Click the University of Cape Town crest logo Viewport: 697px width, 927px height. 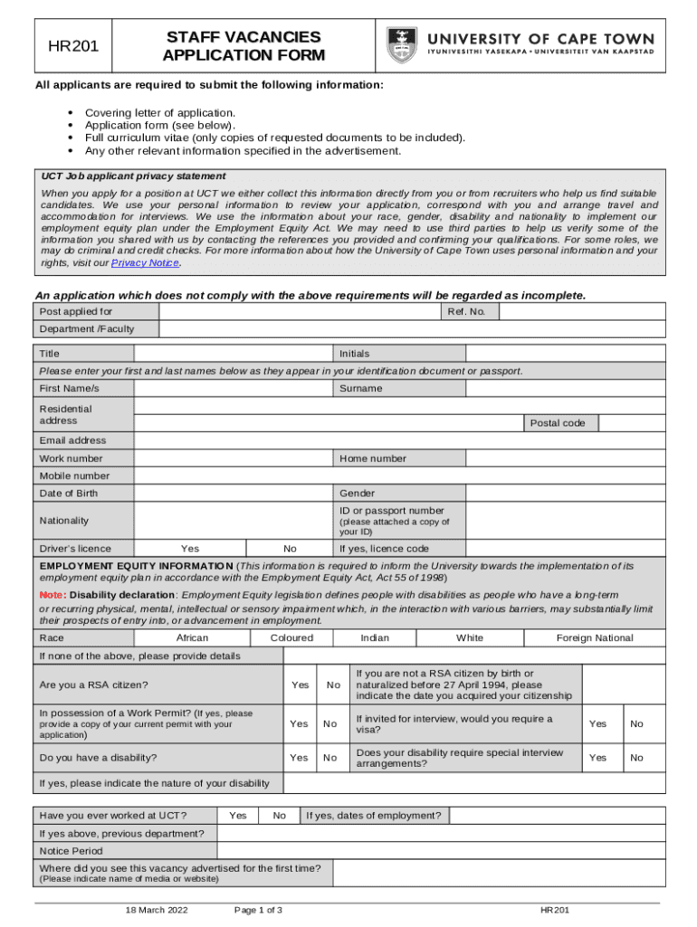pyautogui.click(x=402, y=45)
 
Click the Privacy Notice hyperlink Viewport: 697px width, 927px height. pyautogui.click(x=145, y=263)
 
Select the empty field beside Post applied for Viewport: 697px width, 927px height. pyautogui.click(x=299, y=311)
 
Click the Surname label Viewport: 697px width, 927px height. pyautogui.click(x=360, y=388)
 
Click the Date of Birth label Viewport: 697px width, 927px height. pyautogui.click(x=69, y=493)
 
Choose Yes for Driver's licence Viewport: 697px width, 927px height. pyautogui.click(x=190, y=549)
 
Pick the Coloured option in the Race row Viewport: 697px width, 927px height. pyautogui.click(x=291, y=638)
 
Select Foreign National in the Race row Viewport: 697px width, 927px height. pyautogui.click(x=595, y=638)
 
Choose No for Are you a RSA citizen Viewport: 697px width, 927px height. pyautogui.click(x=333, y=685)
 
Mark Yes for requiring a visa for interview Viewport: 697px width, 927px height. pyautogui.click(x=597, y=724)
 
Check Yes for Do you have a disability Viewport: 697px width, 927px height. pyautogui.click(x=298, y=758)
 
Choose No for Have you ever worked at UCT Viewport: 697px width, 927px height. pyautogui.click(x=280, y=816)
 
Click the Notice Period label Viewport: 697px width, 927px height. pyautogui.click(x=71, y=851)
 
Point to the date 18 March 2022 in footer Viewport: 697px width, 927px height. pyautogui.click(x=157, y=910)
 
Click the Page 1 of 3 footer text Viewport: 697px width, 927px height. pyautogui.click(x=258, y=910)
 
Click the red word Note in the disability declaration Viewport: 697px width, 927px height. pyautogui.click(x=51, y=595)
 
